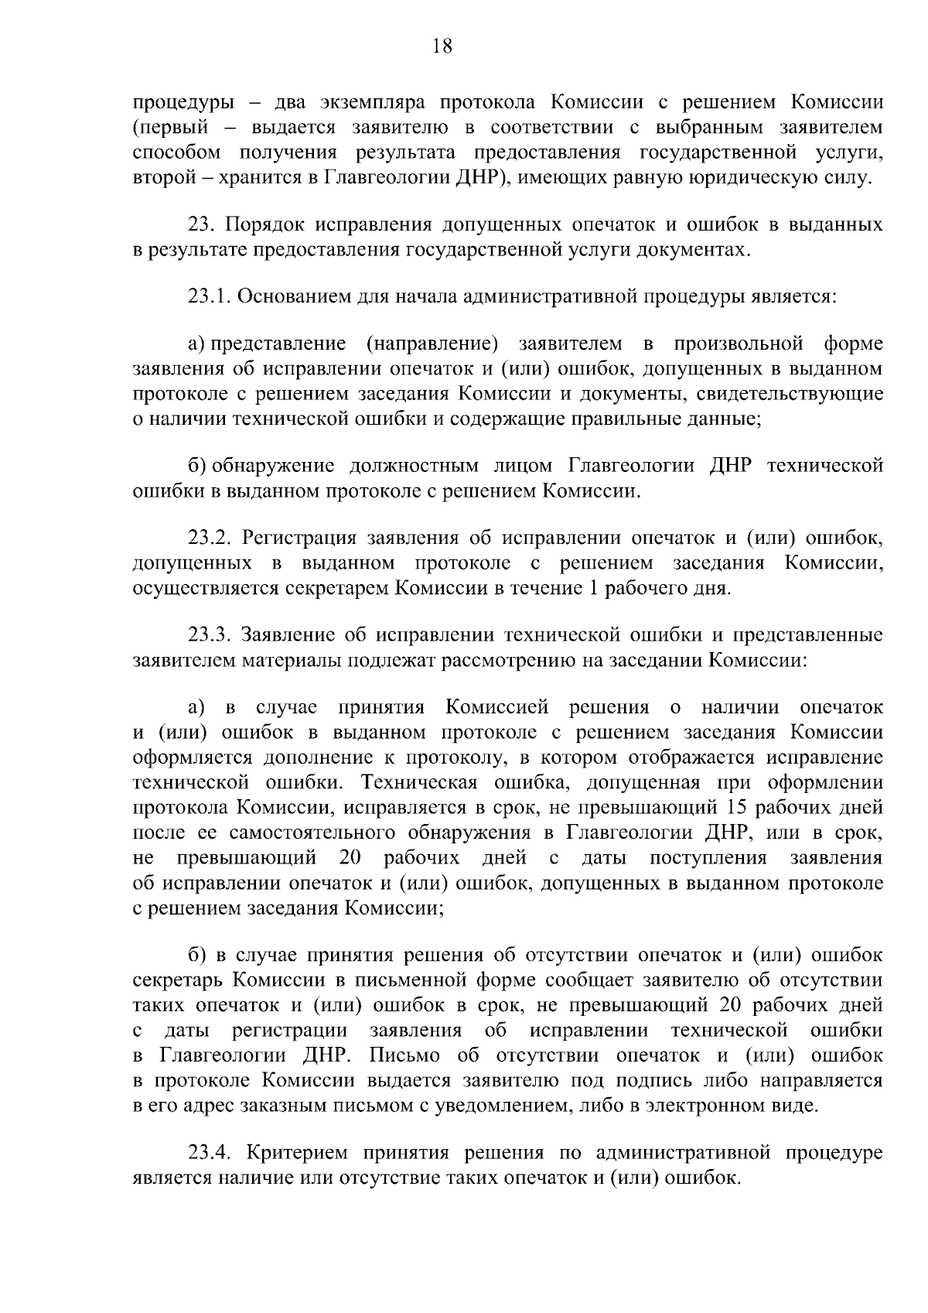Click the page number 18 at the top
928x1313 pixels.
pos(442,46)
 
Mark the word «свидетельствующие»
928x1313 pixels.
pos(790,394)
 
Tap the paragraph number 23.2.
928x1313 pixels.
pos(210,538)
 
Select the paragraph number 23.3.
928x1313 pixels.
pos(210,635)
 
